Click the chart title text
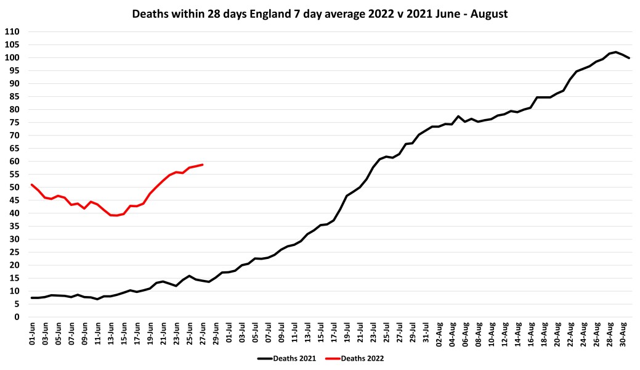click(x=320, y=14)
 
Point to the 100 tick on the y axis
click(x=12, y=57)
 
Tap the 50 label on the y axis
click(x=15, y=187)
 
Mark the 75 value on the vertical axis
click(x=15, y=122)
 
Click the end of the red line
click(x=203, y=165)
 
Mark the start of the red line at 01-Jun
click(x=31, y=184)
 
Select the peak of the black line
click(x=615, y=52)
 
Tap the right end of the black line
click(x=629, y=58)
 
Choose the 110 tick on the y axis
click(x=12, y=31)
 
